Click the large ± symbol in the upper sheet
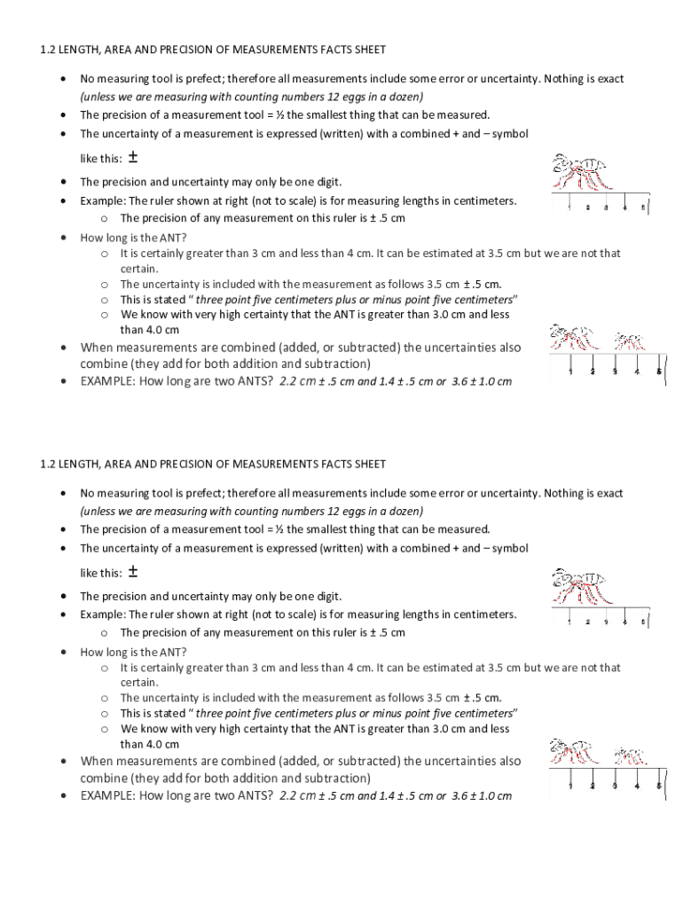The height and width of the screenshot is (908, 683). click(132, 158)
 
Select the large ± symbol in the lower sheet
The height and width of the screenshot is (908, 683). click(132, 572)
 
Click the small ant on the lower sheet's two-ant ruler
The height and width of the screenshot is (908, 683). click(630, 755)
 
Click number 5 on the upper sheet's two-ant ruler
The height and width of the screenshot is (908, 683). click(658, 372)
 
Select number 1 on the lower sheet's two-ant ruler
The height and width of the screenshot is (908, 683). click(569, 786)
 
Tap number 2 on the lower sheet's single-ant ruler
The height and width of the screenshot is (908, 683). click(587, 622)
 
